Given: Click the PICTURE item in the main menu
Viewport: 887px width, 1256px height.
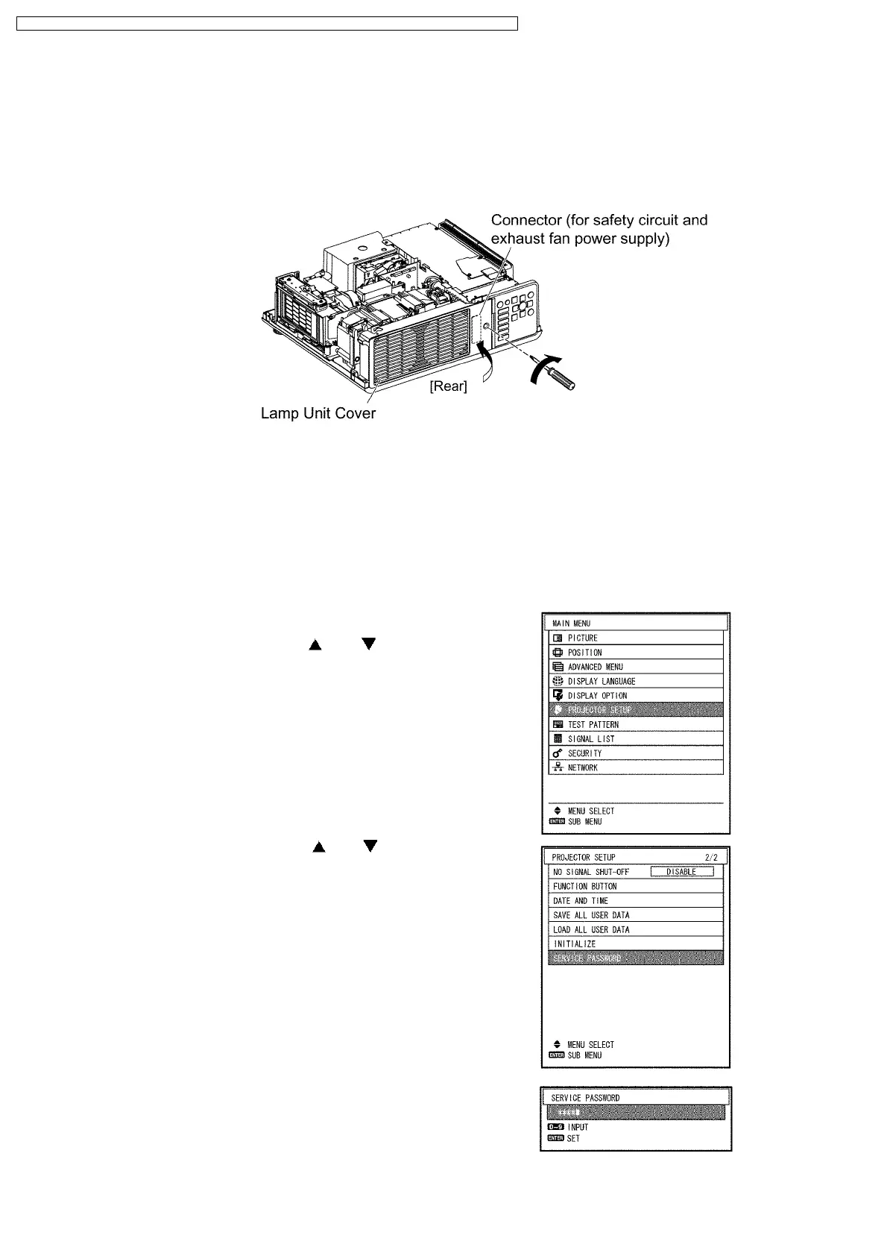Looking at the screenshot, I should pyautogui.click(x=582, y=638).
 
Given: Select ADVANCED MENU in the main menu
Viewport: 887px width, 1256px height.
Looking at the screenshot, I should pyautogui.click(x=595, y=667).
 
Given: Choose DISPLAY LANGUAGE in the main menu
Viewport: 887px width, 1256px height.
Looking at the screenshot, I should pyautogui.click(x=601, y=681).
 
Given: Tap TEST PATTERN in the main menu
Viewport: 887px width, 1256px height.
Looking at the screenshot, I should pyautogui.click(x=593, y=724).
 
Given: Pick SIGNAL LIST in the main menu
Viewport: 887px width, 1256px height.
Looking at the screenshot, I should pyautogui.click(x=591, y=738).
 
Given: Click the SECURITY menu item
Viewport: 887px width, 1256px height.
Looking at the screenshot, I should pyautogui.click(x=584, y=753).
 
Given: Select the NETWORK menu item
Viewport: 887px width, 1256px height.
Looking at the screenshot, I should pyautogui.click(x=582, y=767).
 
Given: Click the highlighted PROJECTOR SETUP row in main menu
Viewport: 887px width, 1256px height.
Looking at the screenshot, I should pyautogui.click(x=635, y=710).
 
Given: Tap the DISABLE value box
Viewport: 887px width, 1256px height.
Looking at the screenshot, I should pyautogui.click(x=681, y=872).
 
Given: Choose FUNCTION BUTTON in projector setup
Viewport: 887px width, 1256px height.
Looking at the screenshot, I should pyautogui.click(x=585, y=886).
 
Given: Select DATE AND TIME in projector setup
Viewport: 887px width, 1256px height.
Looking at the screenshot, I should pyautogui.click(x=581, y=900).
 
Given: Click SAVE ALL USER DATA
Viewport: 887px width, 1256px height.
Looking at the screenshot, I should pyautogui.click(x=591, y=915).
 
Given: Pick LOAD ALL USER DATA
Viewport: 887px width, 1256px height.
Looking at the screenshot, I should pyautogui.click(x=591, y=929).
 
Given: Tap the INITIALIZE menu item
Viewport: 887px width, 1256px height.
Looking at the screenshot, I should pyautogui.click(x=575, y=943).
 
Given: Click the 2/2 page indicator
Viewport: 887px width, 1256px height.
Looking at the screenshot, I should pyautogui.click(x=711, y=858).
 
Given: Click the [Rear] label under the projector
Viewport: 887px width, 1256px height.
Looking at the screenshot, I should pyautogui.click(x=448, y=386).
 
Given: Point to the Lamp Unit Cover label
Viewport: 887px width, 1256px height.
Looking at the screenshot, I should pyautogui.click(x=318, y=413).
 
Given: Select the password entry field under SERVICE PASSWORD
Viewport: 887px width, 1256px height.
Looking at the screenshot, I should pyautogui.click(x=635, y=1112).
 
